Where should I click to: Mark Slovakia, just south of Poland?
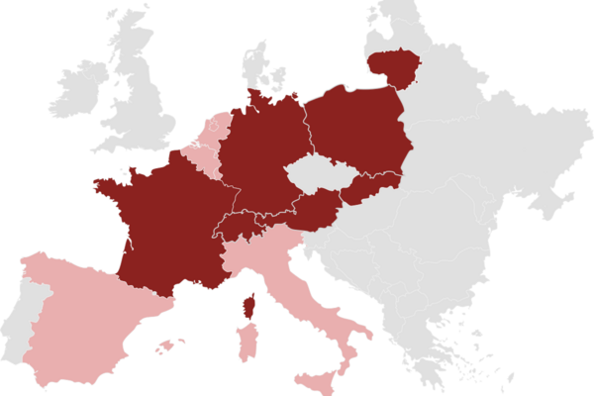(371, 188)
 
